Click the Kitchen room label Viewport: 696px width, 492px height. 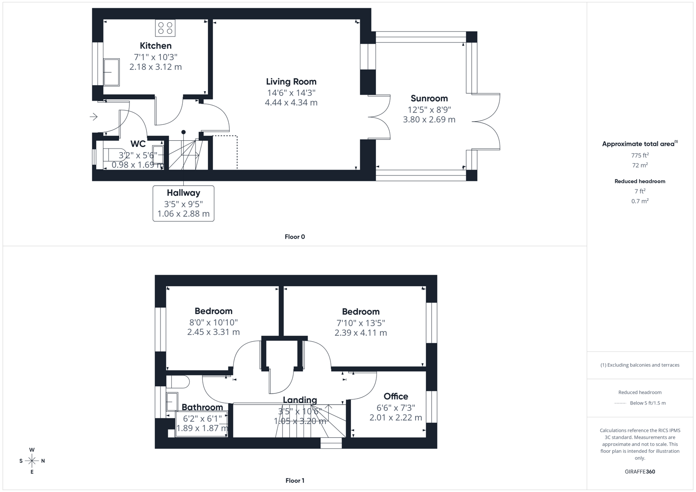point(155,46)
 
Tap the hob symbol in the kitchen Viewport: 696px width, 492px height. point(165,28)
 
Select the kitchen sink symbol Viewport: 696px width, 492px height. point(111,72)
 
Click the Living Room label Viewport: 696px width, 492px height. point(291,82)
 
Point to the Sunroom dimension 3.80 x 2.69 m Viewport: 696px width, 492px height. point(429,119)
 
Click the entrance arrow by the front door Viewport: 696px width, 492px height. point(93,117)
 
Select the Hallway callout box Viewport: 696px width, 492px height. point(183,203)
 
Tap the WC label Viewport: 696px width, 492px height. point(138,144)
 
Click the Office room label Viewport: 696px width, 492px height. point(395,396)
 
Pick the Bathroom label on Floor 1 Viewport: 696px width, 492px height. point(202,407)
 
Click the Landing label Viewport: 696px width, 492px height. point(299,400)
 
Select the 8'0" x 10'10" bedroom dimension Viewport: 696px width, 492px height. point(213,322)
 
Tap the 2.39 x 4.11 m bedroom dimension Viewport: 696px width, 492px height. point(361,333)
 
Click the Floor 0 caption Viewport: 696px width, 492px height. point(294,236)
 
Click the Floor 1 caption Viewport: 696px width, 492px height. point(294,480)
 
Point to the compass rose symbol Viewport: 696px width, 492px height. point(32,461)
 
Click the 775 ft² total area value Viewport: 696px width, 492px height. point(639,155)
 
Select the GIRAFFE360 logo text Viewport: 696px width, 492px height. point(639,471)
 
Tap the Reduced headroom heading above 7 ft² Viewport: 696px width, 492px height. point(639,181)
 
